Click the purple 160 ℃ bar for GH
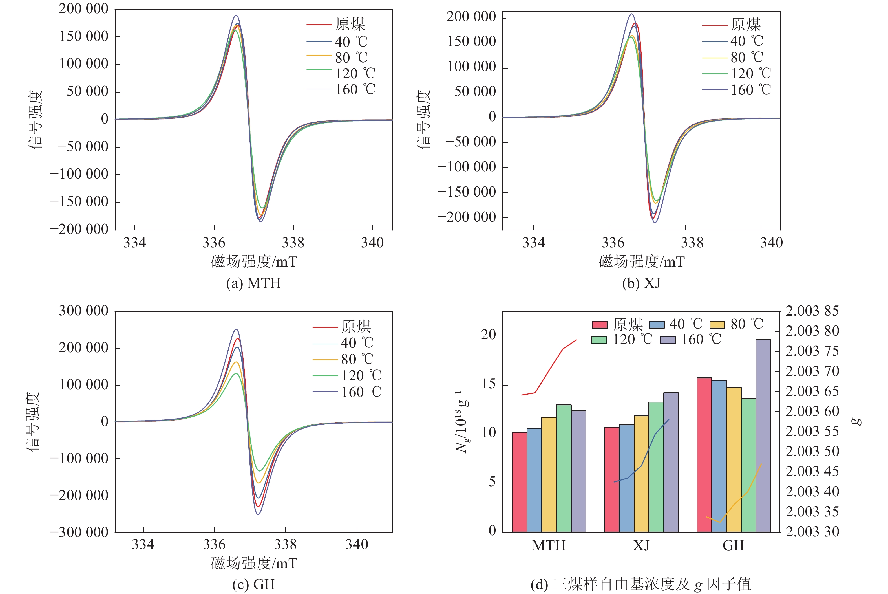click(x=763, y=436)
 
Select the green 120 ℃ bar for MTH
click(x=564, y=468)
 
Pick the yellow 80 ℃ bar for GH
click(x=734, y=459)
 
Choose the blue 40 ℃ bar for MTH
click(x=534, y=479)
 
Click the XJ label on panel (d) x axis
click(x=641, y=545)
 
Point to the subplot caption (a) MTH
click(x=253, y=283)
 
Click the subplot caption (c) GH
click(x=253, y=584)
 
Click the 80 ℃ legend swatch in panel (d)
click(x=717, y=325)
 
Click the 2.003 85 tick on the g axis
click(x=812, y=311)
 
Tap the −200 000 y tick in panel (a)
click(x=79, y=229)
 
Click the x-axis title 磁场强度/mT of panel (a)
click(x=254, y=262)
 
